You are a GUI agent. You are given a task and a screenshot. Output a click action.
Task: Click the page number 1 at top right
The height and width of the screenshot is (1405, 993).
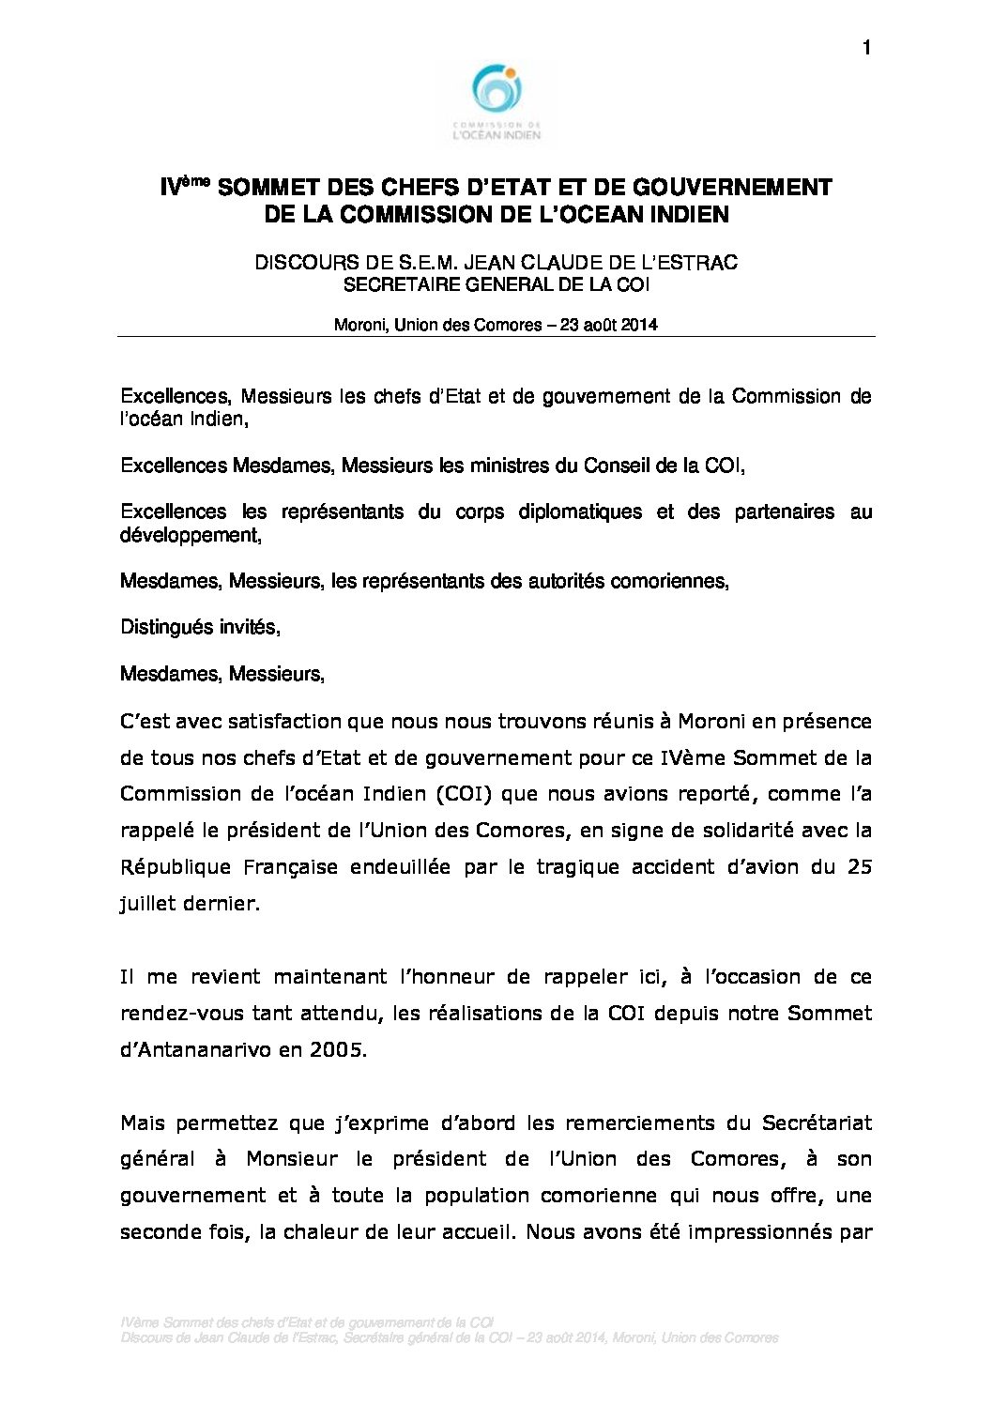865,48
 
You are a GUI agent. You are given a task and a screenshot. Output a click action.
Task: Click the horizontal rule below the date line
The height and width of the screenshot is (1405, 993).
496,336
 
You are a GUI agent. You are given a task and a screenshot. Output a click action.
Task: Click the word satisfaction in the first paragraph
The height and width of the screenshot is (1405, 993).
288,722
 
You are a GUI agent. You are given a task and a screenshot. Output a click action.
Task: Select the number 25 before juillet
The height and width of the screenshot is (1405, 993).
860,867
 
